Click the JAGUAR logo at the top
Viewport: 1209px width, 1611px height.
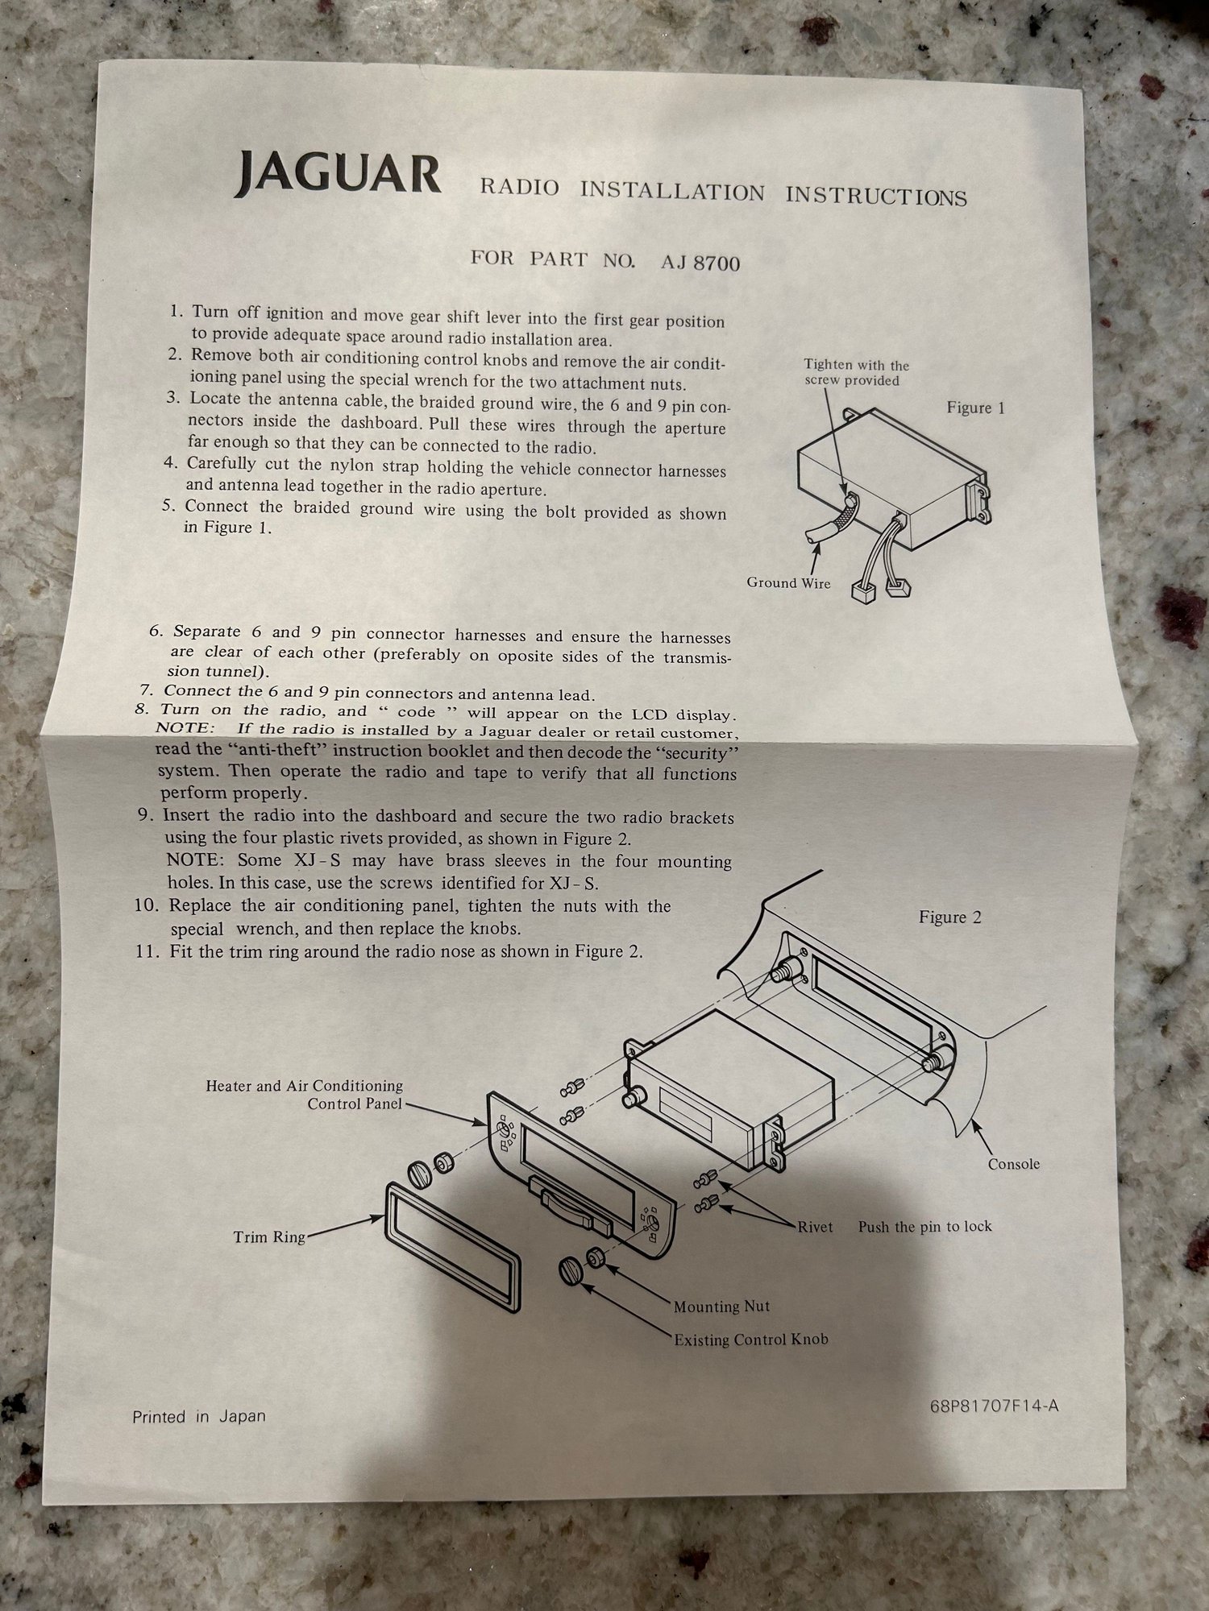tap(337, 174)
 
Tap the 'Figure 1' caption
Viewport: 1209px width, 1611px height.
tap(975, 408)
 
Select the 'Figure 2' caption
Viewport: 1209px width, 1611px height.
tap(950, 917)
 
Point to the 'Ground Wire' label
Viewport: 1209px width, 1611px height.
tap(787, 583)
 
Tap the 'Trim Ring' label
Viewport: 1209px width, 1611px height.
tap(269, 1236)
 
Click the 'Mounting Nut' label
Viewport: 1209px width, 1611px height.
tap(721, 1307)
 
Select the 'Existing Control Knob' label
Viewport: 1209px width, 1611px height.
tap(750, 1340)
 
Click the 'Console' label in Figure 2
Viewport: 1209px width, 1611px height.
tap(1013, 1164)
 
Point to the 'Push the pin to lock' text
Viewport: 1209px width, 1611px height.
tap(924, 1227)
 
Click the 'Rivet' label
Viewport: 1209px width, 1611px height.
tap(815, 1227)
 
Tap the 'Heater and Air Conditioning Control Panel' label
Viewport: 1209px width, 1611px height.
tap(305, 1095)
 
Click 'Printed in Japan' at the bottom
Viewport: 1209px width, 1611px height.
tap(198, 1416)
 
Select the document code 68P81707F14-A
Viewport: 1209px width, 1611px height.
tap(993, 1406)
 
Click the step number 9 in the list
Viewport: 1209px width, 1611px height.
tap(145, 815)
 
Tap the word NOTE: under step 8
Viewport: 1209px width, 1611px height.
tap(185, 728)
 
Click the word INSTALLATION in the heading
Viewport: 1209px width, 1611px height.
tap(672, 192)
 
